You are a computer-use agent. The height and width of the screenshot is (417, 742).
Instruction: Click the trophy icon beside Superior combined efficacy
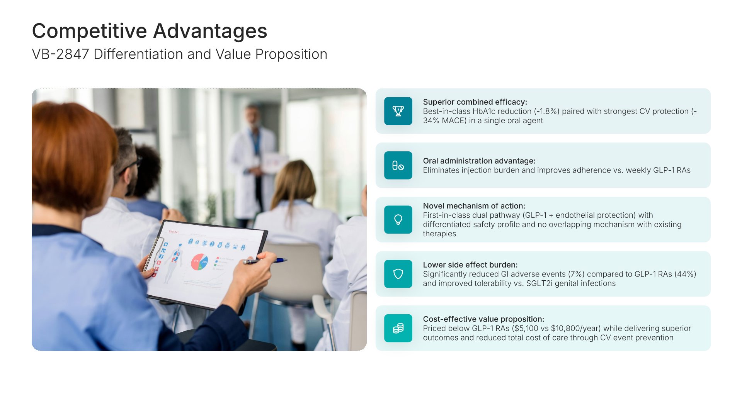click(398, 111)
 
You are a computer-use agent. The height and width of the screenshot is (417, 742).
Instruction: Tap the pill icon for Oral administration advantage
click(398, 166)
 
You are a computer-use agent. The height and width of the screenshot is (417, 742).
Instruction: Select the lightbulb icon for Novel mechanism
click(398, 220)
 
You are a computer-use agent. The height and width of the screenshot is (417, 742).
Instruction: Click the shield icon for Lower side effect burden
click(398, 274)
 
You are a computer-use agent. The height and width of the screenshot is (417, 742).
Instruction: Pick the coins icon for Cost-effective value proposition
click(398, 328)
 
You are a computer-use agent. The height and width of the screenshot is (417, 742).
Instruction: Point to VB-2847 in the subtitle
click(61, 54)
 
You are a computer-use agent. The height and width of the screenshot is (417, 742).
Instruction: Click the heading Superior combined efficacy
click(475, 102)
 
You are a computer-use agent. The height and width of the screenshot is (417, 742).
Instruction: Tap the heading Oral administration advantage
click(479, 161)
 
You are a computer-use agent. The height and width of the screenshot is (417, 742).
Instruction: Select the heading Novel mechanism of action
click(474, 206)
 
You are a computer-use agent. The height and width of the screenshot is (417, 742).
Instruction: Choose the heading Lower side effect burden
click(470, 265)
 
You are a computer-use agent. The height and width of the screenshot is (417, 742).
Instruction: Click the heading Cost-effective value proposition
click(483, 319)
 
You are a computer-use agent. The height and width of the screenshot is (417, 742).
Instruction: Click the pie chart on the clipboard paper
click(200, 262)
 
